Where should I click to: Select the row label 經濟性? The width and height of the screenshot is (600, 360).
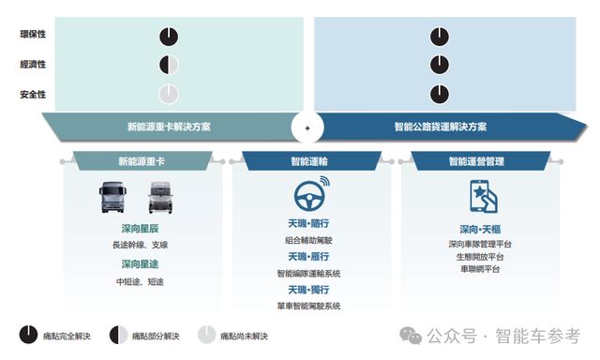click(33, 65)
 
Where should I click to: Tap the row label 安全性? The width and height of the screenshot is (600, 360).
click(33, 94)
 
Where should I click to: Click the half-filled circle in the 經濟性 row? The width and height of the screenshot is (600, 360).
click(168, 65)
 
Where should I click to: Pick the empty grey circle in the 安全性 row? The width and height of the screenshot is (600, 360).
click(168, 94)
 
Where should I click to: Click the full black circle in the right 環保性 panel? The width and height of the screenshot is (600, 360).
click(440, 37)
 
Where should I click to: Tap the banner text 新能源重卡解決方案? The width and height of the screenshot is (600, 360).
click(168, 127)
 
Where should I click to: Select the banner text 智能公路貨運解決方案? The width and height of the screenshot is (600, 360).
click(440, 127)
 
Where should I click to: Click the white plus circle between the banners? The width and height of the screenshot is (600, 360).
click(307, 127)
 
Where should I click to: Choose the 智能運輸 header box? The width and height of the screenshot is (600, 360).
click(307, 161)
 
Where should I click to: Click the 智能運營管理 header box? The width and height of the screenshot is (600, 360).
click(475, 161)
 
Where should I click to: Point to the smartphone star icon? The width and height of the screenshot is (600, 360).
click(480, 198)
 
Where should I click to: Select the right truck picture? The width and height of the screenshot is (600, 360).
click(161, 199)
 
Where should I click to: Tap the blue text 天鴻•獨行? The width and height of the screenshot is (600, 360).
click(307, 290)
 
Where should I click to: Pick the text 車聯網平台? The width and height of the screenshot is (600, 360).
click(479, 269)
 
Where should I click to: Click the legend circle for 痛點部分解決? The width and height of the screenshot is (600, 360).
click(119, 335)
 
